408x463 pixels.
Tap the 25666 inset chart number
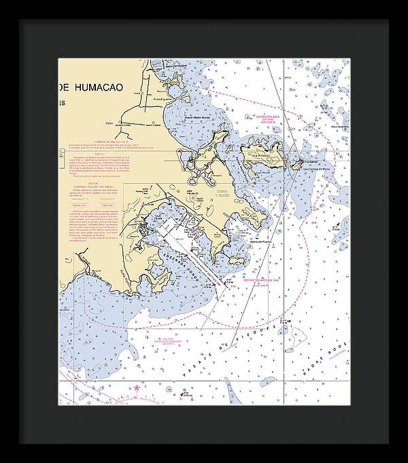tap(222, 193)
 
